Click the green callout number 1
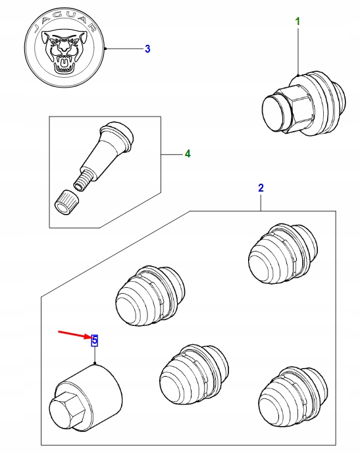297,22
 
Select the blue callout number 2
261,188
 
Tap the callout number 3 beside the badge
147,49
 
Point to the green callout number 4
187,154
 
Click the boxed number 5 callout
95,340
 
